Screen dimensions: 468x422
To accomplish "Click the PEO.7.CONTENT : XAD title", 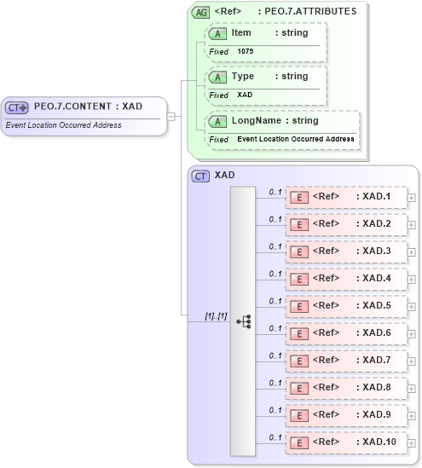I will point(88,107).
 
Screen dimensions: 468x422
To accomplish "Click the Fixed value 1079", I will point(246,52).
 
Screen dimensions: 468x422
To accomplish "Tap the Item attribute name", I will point(241,32).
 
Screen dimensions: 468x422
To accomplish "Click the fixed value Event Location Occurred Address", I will point(296,139).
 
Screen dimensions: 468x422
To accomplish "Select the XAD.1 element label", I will point(376,197).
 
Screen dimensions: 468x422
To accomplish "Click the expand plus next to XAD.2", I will point(412,224).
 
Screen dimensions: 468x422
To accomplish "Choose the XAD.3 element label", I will point(376,251).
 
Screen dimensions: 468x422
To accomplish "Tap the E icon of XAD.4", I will point(299,279).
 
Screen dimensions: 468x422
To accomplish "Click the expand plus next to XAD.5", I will point(412,306).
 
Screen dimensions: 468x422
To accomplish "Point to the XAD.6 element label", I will point(376,333).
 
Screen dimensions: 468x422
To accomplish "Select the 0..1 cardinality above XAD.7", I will point(275,355).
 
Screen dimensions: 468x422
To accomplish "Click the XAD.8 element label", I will point(376,388).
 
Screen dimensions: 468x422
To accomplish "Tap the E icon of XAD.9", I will point(299,415).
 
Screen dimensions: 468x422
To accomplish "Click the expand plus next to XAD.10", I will point(412,442).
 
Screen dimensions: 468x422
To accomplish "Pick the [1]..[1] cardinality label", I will point(215,316).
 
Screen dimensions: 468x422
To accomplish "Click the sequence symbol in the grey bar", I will point(243,321).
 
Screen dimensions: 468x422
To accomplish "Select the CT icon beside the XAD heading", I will point(201,176).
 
